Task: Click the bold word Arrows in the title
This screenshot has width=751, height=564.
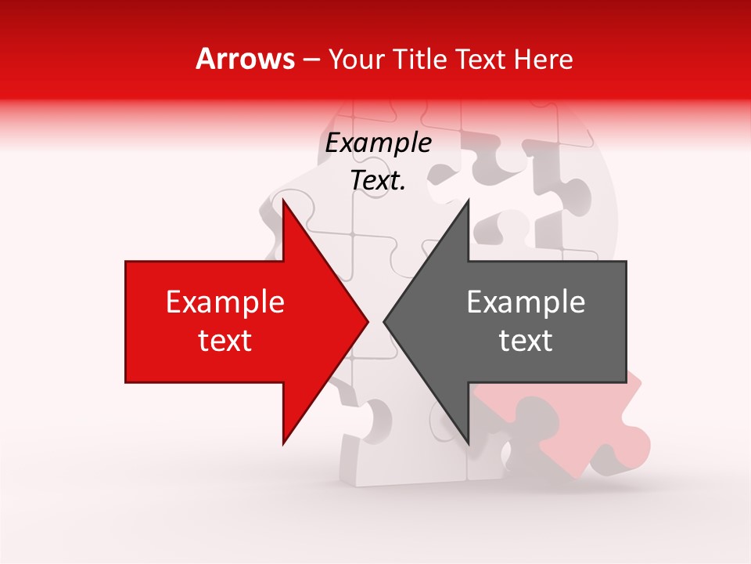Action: point(245,59)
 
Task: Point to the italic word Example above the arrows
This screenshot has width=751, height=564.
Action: point(378,143)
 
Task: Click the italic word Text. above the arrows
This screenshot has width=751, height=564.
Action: point(378,180)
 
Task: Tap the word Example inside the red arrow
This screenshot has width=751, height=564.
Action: point(225,302)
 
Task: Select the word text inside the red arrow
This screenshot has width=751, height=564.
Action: point(225,341)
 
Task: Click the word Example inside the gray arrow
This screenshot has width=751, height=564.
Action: point(526,302)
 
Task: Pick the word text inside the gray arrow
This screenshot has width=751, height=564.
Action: point(526,341)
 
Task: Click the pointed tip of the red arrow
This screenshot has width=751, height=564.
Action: point(367,321)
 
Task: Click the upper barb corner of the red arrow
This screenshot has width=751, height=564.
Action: point(283,202)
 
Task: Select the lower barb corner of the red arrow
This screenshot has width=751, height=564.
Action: point(283,443)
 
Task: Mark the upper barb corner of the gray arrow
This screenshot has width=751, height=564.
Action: point(468,202)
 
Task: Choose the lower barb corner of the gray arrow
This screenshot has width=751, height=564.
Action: point(468,443)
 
